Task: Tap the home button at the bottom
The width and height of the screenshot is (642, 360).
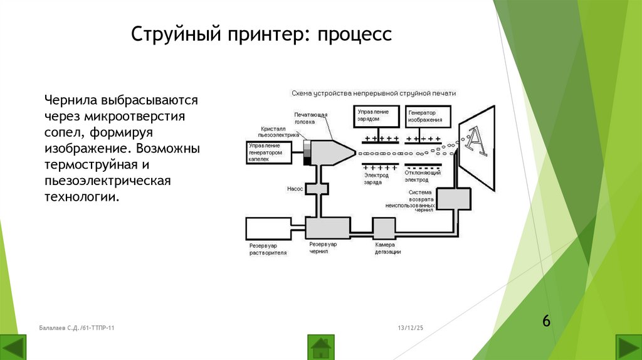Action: (321, 346)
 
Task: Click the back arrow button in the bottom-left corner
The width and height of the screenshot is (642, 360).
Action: (14, 347)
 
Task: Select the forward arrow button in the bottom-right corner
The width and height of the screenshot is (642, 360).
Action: (628, 347)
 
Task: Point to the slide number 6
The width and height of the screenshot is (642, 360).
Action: (546, 321)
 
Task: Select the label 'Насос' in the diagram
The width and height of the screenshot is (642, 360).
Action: (295, 188)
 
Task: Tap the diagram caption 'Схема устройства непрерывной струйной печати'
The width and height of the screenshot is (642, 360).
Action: (373, 93)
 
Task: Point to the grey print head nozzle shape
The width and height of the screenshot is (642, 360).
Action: (332, 152)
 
